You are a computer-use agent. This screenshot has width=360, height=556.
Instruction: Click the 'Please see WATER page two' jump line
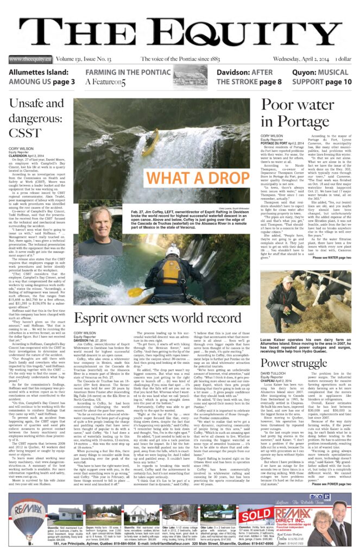[x=331, y=257]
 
